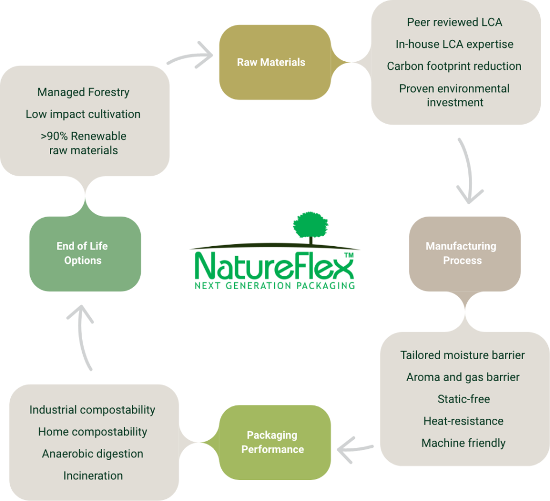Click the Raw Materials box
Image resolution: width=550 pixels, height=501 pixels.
click(x=271, y=62)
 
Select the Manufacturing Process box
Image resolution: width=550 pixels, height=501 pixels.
click(x=461, y=253)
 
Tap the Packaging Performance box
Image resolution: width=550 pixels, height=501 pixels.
click(x=272, y=442)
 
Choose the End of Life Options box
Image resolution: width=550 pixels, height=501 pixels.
click(x=82, y=253)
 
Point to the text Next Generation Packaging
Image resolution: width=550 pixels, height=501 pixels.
click(x=274, y=284)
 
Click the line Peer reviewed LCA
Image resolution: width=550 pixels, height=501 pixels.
click(x=454, y=23)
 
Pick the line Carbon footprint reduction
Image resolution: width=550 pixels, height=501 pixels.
click(x=454, y=66)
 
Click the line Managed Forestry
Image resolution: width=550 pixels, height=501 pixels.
click(x=83, y=92)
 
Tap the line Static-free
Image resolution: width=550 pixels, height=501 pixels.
click(x=464, y=399)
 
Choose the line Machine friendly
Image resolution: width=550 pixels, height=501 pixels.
click(x=464, y=443)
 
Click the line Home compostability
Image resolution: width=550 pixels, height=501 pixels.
click(x=92, y=432)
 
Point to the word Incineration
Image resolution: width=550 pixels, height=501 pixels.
click(x=93, y=476)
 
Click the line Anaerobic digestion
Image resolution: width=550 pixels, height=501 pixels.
click(x=92, y=454)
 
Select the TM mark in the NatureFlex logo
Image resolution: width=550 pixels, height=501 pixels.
click(x=348, y=255)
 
